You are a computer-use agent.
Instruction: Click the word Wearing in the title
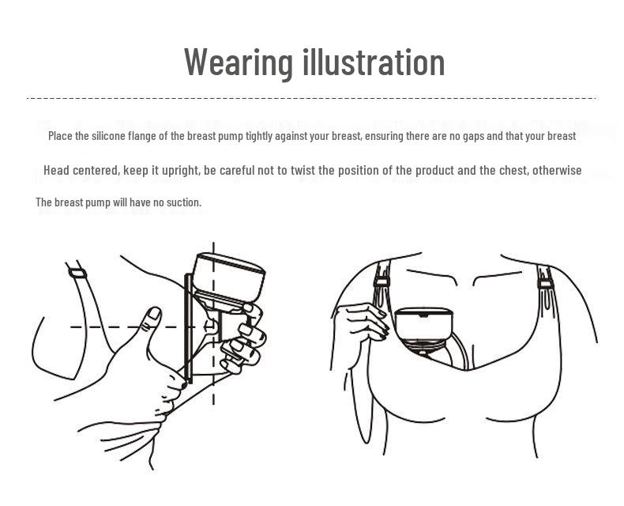(x=239, y=63)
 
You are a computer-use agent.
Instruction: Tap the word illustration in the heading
(x=374, y=62)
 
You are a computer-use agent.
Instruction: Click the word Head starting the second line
(x=56, y=170)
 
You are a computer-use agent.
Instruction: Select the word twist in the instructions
(x=303, y=170)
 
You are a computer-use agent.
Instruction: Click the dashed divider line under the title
(x=311, y=97)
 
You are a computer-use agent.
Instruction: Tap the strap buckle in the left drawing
(x=77, y=274)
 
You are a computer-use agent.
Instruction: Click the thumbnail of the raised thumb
(x=154, y=313)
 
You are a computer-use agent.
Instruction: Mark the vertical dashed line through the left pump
(x=214, y=323)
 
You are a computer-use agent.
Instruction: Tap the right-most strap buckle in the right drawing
(x=546, y=285)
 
